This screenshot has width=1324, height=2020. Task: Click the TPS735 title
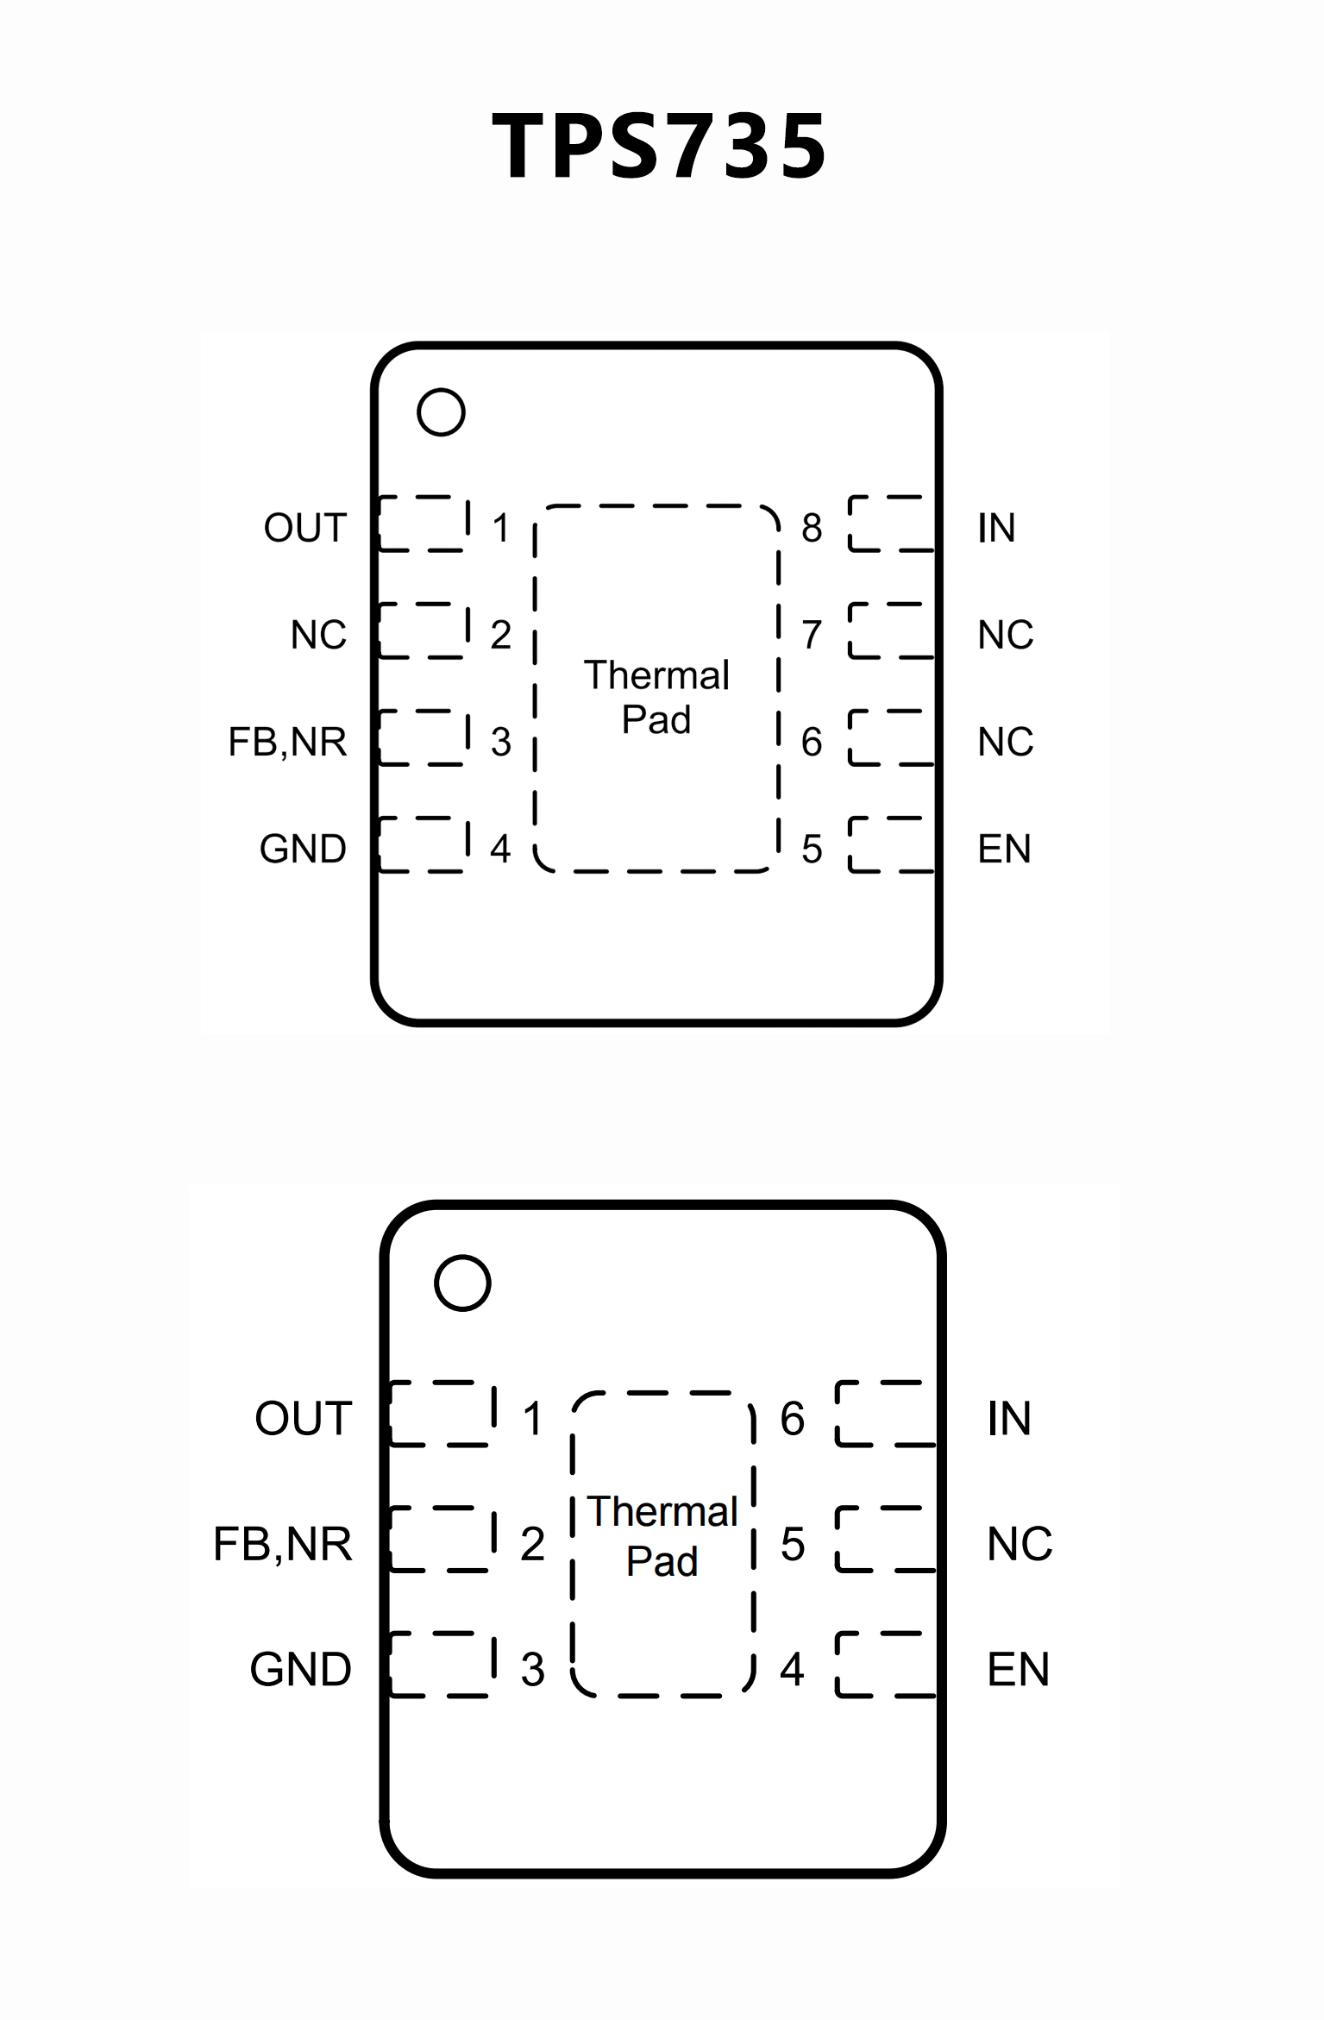coord(660,147)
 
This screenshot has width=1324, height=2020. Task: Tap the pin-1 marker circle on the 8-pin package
coord(441,412)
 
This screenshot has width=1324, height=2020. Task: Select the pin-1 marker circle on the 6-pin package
coord(463,1283)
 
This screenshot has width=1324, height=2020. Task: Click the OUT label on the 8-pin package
coord(305,528)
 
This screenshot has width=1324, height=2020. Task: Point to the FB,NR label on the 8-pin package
coord(287,742)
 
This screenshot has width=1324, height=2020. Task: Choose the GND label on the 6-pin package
coord(301,1669)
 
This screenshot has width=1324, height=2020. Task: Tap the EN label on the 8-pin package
coord(1004,850)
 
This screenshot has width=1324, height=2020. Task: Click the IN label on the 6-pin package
coord(1009,1419)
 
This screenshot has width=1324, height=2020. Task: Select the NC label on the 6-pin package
coord(1020,1544)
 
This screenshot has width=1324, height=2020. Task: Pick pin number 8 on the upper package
coord(812,528)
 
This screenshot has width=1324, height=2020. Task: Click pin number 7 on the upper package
coord(812,635)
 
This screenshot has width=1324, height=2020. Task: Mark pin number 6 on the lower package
coord(793,1419)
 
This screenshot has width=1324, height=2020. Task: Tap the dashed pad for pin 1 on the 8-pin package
coord(424,524)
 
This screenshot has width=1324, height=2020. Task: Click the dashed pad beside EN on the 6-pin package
coord(886,1665)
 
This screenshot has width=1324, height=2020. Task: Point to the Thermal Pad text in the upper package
coord(656,697)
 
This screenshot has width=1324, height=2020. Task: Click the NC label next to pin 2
coord(318,635)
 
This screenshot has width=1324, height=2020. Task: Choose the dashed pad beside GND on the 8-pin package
coord(424,844)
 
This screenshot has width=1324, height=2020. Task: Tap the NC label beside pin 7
coord(1005,635)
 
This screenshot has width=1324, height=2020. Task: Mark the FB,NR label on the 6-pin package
coord(283,1544)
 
